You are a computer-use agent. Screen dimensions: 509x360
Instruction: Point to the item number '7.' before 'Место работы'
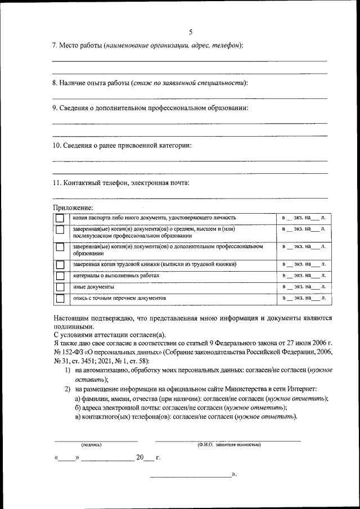[x=55, y=44]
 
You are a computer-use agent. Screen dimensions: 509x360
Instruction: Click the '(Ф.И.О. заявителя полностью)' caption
[x=228, y=445]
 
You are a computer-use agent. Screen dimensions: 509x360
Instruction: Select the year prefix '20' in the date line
[x=140, y=458]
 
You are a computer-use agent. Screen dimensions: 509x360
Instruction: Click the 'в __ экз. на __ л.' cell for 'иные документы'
[x=304, y=287]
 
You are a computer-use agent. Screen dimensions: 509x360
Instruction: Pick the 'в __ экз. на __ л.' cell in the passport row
[x=304, y=217]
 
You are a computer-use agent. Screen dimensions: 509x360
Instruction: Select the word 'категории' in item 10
[x=175, y=146]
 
